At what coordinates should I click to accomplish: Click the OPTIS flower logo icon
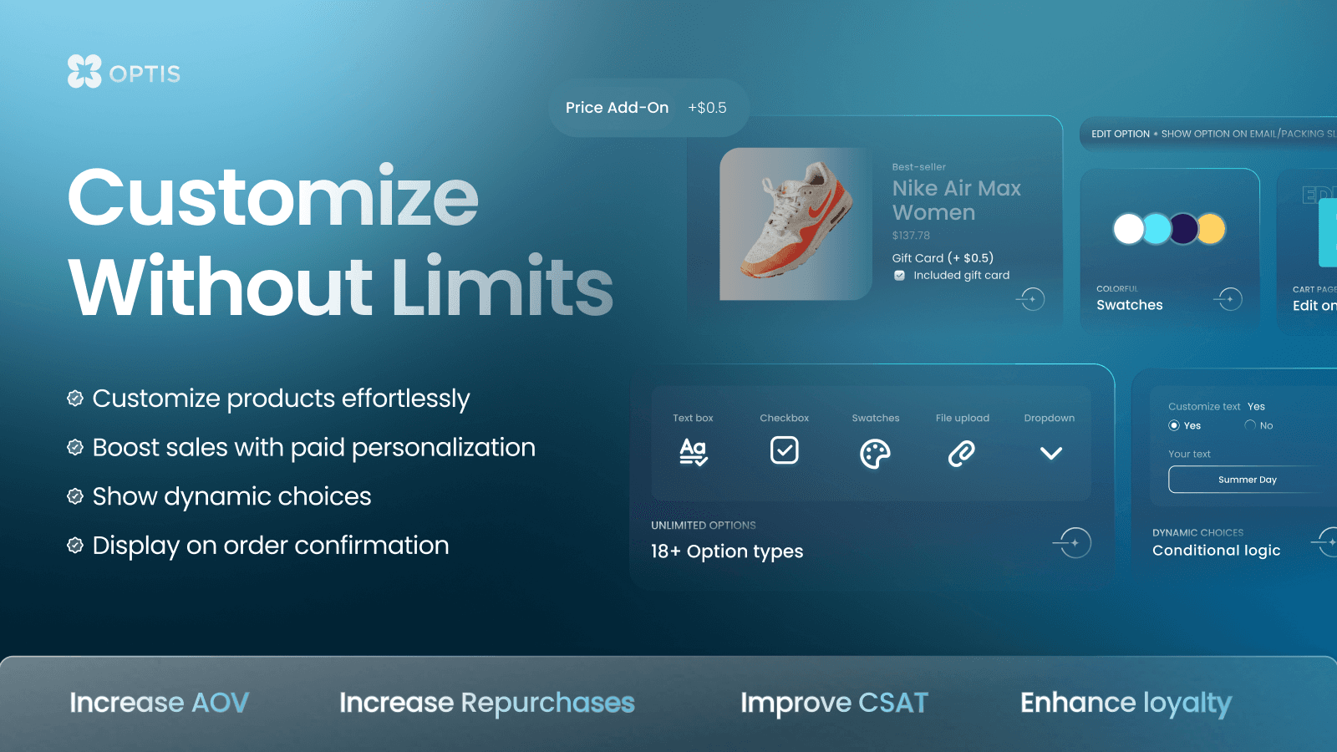(84, 71)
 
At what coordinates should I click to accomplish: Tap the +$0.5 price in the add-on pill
(707, 108)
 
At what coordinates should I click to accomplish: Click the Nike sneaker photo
(795, 224)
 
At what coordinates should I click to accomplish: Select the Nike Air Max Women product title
(956, 201)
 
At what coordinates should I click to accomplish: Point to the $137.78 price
(911, 236)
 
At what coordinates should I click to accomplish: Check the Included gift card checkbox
(899, 276)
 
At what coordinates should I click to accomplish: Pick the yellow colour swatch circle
(1210, 228)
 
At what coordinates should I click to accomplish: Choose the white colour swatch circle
(1129, 228)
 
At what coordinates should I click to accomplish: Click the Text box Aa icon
(693, 452)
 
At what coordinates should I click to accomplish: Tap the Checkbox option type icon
(784, 450)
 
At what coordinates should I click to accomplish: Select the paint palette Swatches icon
(875, 454)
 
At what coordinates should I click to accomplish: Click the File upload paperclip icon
(962, 453)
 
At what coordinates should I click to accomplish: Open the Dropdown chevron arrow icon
(1050, 453)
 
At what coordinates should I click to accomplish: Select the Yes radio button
(1174, 426)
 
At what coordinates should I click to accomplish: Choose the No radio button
(1250, 425)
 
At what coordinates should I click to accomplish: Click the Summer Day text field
(1247, 480)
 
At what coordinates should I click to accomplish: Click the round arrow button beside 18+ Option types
(1075, 543)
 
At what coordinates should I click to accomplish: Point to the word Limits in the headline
(502, 287)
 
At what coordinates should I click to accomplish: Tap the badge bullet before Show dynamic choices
(75, 496)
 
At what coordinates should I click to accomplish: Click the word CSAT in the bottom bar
(892, 704)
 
